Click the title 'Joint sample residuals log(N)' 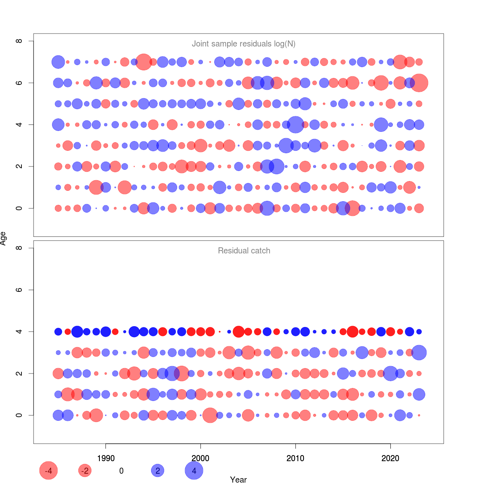[x=244, y=44]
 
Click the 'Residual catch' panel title [x=244, y=251]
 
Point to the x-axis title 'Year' [x=238, y=479]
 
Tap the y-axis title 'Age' [x=3, y=238]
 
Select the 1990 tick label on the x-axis [x=106, y=458]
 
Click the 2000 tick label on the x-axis [x=200, y=458]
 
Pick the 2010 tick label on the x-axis [x=295, y=458]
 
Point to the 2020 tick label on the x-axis [x=390, y=458]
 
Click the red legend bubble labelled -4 [x=48, y=470]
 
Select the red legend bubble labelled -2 [x=85, y=470]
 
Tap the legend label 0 [x=121, y=471]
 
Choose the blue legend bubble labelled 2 [x=158, y=470]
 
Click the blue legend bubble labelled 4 [x=194, y=470]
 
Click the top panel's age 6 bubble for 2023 [x=419, y=83]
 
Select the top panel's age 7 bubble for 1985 [x=58, y=62]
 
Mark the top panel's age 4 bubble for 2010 [x=295, y=124]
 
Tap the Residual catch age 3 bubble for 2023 [x=419, y=352]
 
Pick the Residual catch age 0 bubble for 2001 [x=210, y=415]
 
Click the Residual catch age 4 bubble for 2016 [x=352, y=331]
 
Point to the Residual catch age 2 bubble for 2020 [x=390, y=373]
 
